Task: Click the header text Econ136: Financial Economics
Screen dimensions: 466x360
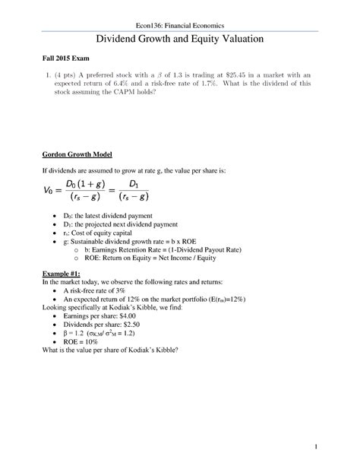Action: pos(180,27)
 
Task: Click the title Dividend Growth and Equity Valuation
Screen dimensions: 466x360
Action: pos(180,42)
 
